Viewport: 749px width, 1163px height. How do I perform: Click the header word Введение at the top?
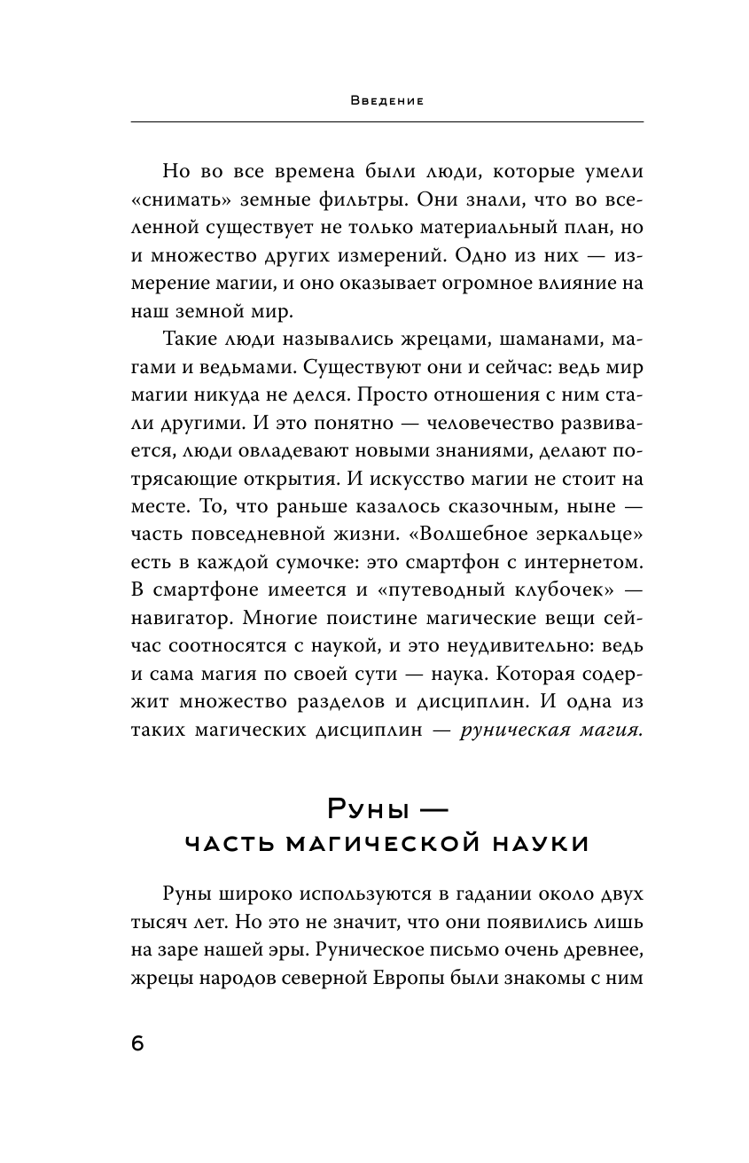pos(386,101)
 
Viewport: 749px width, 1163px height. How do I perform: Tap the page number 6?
pos(137,1042)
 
